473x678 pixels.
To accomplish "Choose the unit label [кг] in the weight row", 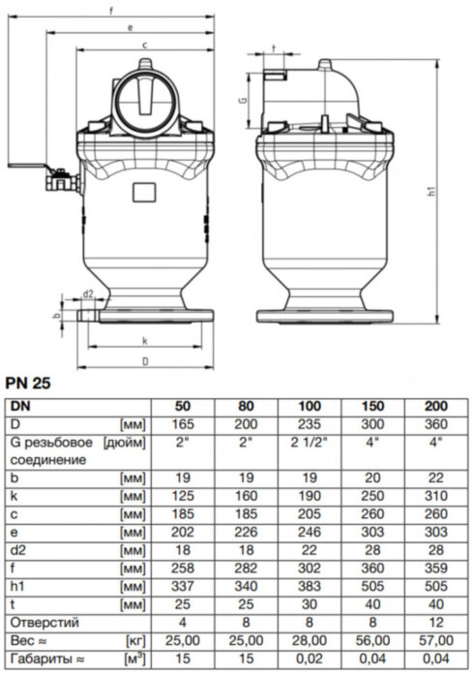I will click(x=136, y=640).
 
